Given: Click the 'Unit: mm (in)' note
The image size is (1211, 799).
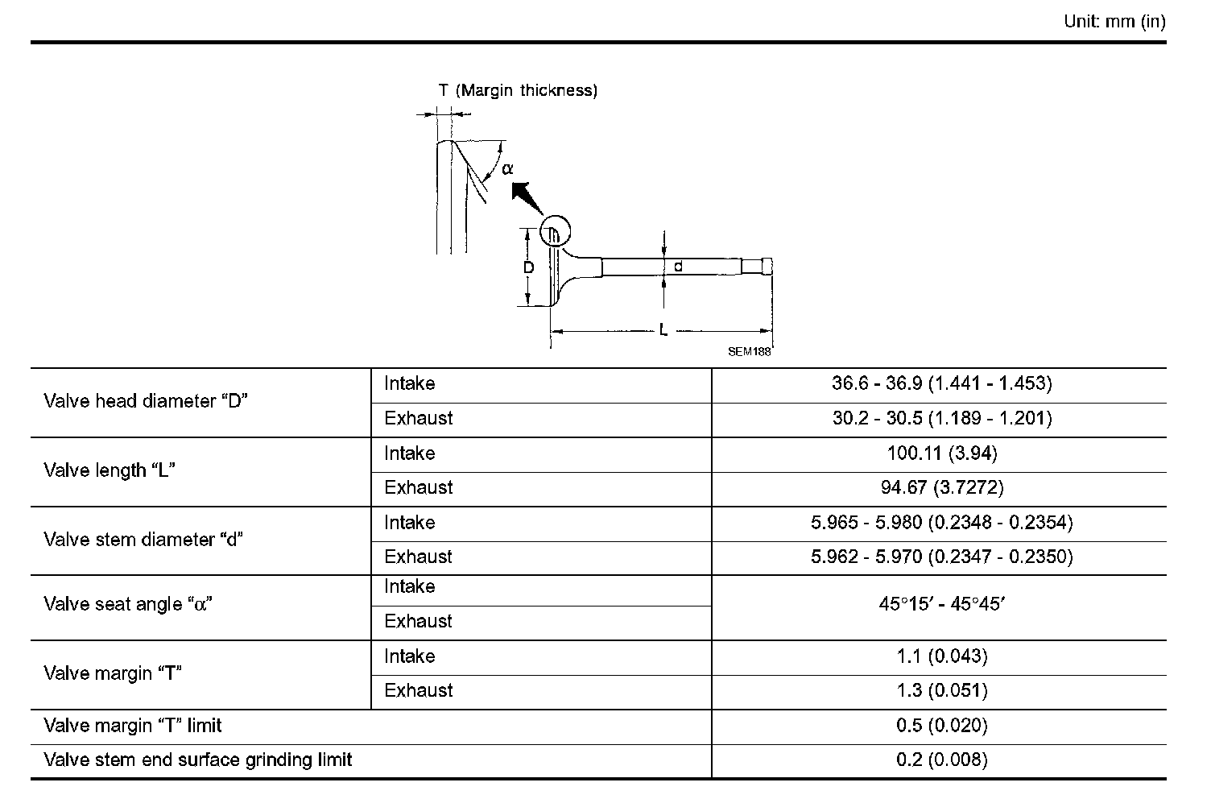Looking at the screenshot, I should pyautogui.click(x=1114, y=22).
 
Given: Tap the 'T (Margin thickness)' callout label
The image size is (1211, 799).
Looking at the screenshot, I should pyautogui.click(x=518, y=90).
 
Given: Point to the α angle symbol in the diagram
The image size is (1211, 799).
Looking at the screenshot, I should pyautogui.click(x=507, y=169).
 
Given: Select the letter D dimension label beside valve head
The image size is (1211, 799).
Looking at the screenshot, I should pyautogui.click(x=528, y=267).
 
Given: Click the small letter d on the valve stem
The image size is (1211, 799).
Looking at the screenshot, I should pyautogui.click(x=678, y=266).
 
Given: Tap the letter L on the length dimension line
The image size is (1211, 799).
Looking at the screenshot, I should pyautogui.click(x=663, y=330).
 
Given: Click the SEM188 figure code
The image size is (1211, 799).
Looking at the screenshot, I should pyautogui.click(x=749, y=352).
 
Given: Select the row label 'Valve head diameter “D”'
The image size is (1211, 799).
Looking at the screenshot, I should pyautogui.click(x=146, y=401).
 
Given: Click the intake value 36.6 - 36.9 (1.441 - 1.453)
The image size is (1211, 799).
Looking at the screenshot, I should pyautogui.click(x=941, y=383).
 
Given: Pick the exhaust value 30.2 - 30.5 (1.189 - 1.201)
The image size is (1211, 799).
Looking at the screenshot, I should pyautogui.click(x=941, y=418).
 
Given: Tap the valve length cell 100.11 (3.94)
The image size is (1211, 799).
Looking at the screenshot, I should pyautogui.click(x=941, y=453).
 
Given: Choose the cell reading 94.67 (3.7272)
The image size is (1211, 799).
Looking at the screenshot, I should pyautogui.click(x=941, y=487).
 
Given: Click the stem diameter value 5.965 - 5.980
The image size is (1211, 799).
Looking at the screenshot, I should pyautogui.click(x=941, y=523).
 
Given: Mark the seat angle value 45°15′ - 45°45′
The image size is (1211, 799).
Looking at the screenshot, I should pyautogui.click(x=941, y=604).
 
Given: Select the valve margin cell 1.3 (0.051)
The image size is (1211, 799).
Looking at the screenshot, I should pyautogui.click(x=941, y=690).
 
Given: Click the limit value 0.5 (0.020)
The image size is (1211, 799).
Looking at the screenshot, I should pyautogui.click(x=941, y=726).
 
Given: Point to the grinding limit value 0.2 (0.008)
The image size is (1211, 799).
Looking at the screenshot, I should pyautogui.click(x=941, y=760).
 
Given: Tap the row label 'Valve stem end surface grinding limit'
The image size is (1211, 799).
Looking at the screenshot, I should pyautogui.click(x=198, y=760).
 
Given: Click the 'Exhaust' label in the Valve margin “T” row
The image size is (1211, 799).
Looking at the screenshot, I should pyautogui.click(x=418, y=690).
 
